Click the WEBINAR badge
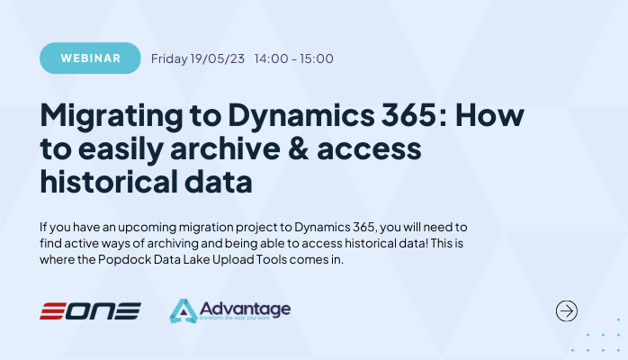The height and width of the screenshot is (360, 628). (90, 58)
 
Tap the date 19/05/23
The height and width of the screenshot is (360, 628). (217, 59)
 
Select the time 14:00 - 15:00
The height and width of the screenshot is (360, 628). (294, 59)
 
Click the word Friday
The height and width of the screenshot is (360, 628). (169, 59)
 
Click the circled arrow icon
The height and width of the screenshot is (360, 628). (567, 311)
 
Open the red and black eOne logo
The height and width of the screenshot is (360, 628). (90, 311)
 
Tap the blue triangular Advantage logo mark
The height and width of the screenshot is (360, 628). (184, 311)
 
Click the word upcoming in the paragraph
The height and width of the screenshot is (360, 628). (139, 226)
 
